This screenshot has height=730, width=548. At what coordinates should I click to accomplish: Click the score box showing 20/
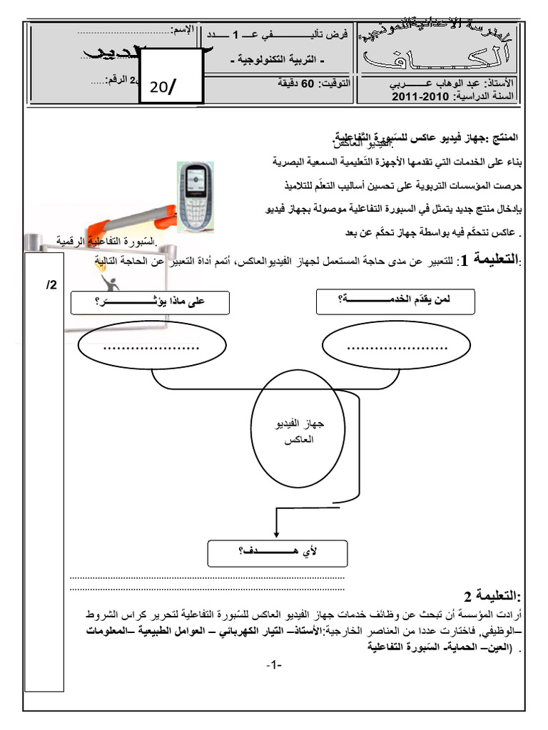pyautogui.click(x=167, y=87)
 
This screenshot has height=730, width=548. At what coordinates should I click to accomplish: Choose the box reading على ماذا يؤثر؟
pyautogui.click(x=149, y=302)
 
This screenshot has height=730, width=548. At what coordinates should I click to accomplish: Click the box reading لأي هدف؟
pyautogui.click(x=276, y=552)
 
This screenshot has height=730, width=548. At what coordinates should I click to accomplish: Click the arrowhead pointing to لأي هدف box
pyautogui.click(x=276, y=534)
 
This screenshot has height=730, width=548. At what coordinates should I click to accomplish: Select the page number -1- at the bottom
pyautogui.click(x=274, y=666)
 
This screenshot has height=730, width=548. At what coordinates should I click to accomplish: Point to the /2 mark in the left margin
pyautogui.click(x=51, y=284)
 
